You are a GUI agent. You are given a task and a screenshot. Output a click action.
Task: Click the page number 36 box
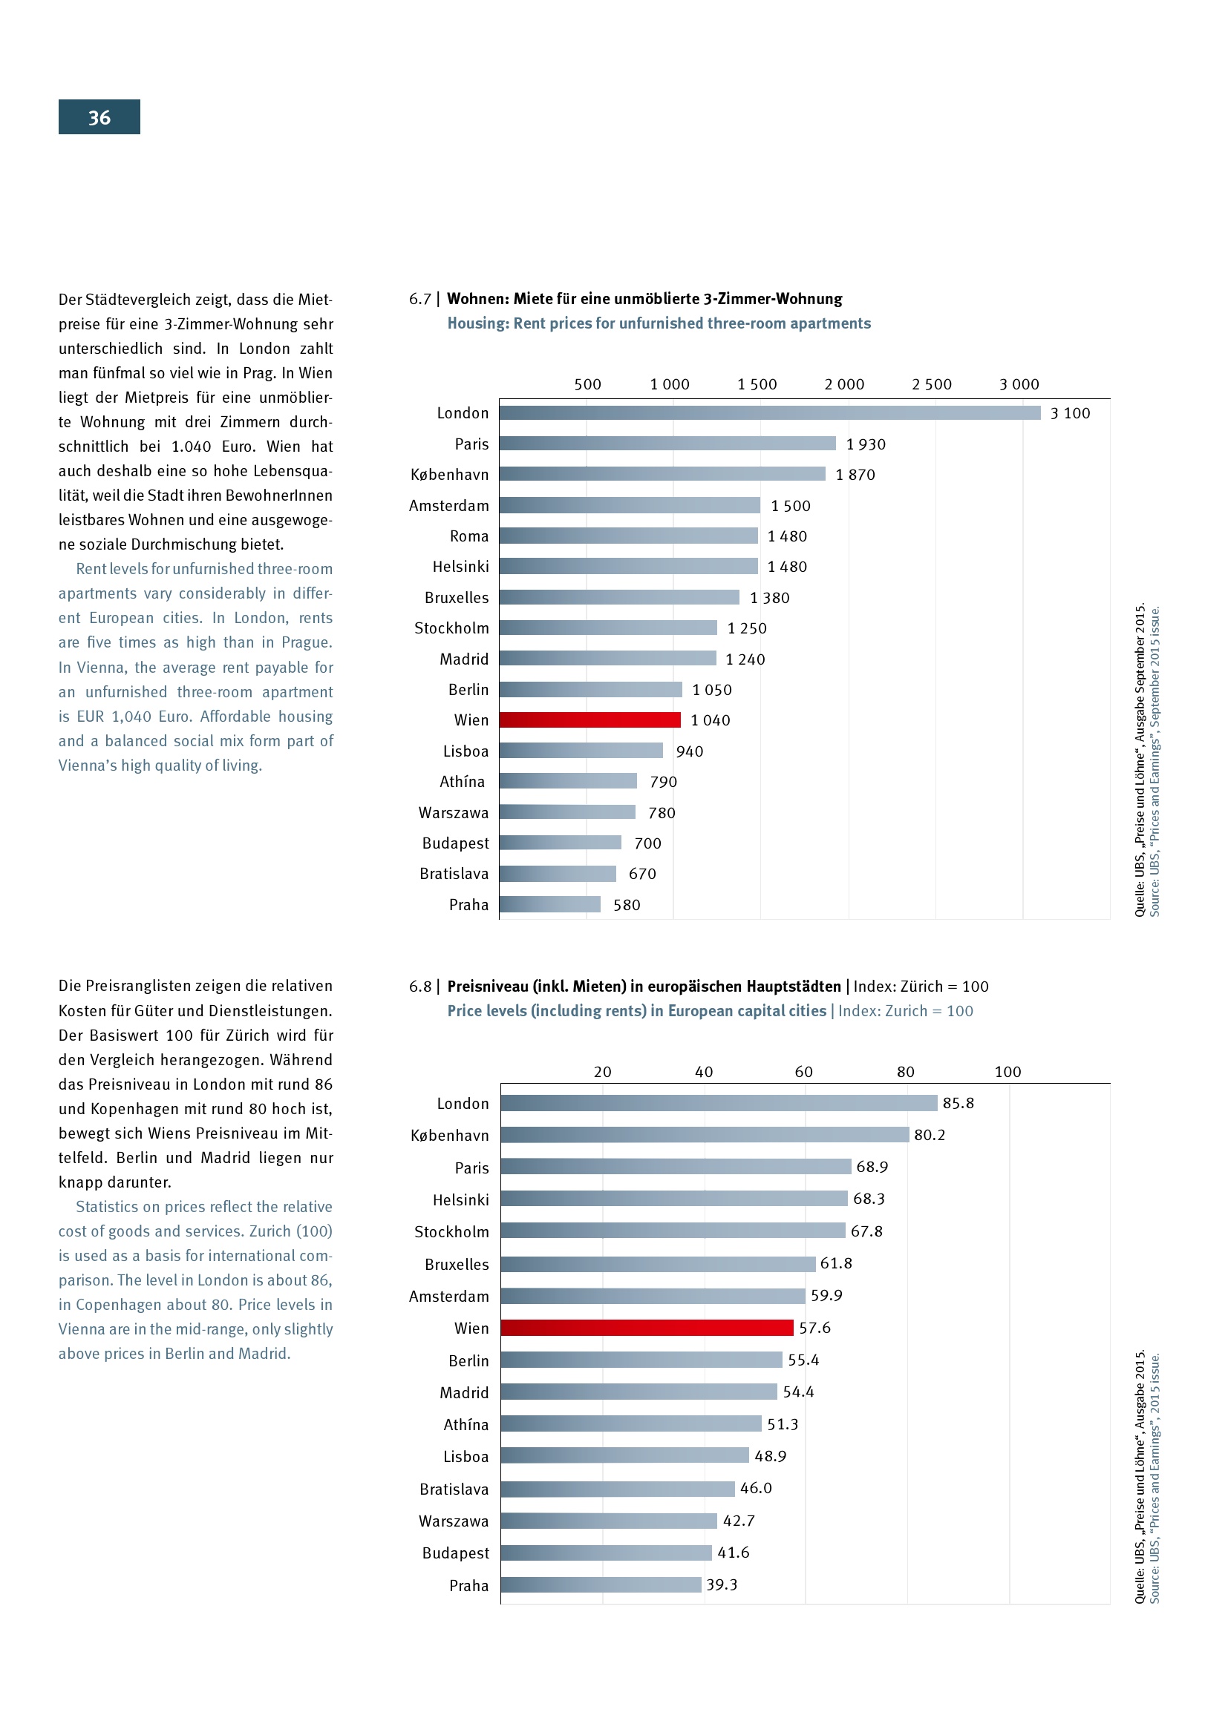coord(99,117)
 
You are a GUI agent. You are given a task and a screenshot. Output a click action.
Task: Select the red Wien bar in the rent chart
coord(589,720)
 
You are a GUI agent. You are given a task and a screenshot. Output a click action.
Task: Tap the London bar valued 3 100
coord(769,412)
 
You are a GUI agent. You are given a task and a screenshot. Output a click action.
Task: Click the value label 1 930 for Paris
coord(865,444)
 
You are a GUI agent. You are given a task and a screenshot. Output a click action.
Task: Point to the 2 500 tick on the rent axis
coord(931,385)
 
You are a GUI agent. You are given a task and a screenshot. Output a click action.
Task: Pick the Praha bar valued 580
coord(549,904)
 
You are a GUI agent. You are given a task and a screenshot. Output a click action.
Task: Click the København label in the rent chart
coord(449,475)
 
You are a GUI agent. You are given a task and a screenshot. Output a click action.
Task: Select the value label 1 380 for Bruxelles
coord(769,598)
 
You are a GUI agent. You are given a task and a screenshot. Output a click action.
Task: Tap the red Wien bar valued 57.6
coord(647,1328)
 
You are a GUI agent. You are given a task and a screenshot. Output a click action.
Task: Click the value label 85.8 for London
coord(957,1103)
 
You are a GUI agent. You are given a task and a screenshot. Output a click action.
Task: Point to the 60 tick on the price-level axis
coord(803,1072)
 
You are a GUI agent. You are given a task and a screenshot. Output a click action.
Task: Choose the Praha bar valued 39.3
coord(601,1584)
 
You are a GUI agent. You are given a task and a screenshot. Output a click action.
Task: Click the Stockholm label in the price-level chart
coord(451,1232)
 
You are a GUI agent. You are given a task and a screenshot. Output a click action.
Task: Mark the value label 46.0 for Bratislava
coord(755,1488)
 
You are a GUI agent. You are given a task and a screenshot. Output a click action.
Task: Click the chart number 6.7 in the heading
coord(419,299)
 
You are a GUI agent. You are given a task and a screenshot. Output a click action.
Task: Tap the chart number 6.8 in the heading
coord(419,986)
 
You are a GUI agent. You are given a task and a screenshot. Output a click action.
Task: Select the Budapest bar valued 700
coord(561,843)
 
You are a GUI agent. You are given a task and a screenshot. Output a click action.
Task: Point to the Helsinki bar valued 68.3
coord(673,1199)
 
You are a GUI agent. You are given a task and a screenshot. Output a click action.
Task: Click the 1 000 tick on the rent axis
coord(669,385)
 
